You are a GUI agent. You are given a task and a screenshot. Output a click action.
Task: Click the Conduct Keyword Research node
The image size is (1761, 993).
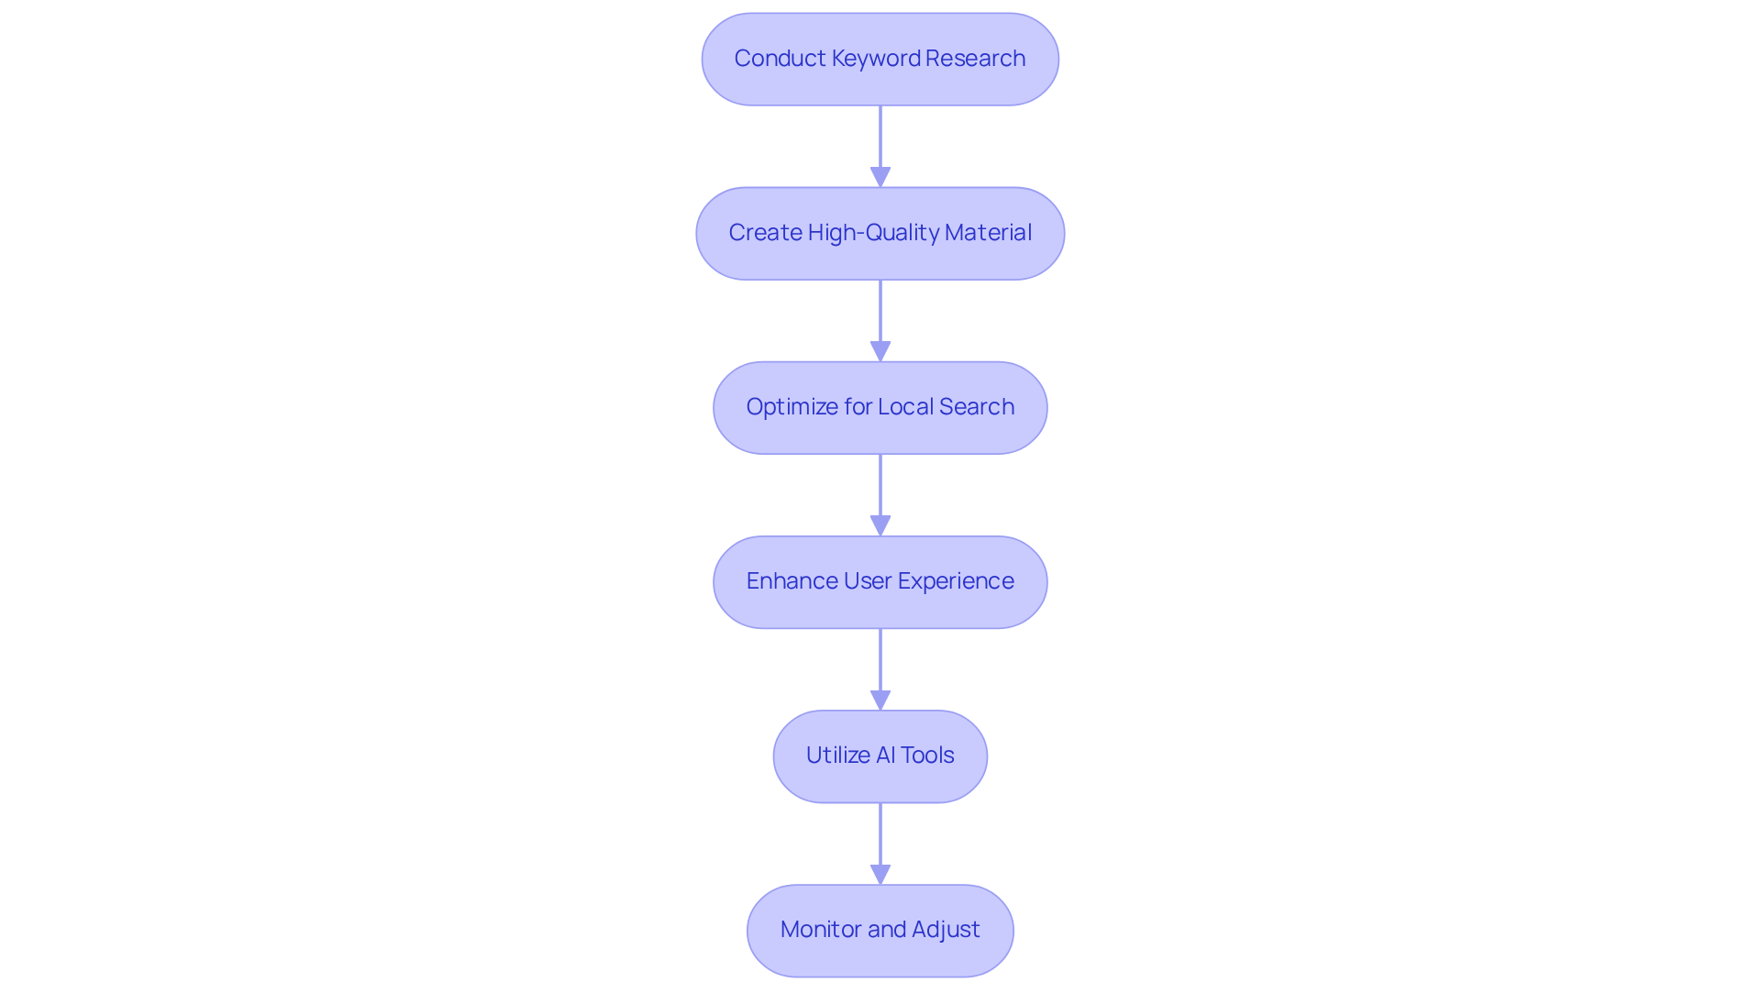pyautogui.click(x=880, y=59)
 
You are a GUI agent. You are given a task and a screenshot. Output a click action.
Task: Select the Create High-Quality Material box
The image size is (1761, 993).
pyautogui.click(x=880, y=233)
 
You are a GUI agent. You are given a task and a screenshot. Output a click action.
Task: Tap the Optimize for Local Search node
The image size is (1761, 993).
pyautogui.click(x=880, y=407)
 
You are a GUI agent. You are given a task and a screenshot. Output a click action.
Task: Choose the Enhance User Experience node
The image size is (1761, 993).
pyautogui.click(x=880, y=581)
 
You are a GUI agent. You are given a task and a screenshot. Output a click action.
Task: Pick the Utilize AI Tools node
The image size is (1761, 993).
pyautogui.click(x=880, y=756)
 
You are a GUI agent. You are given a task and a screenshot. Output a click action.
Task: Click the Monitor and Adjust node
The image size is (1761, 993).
pyautogui.click(x=880, y=930)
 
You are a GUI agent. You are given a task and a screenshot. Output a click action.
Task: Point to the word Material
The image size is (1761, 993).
pyautogui.click(x=988, y=233)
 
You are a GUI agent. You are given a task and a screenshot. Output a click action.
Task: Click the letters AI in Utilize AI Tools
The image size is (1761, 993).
pyautogui.click(x=885, y=756)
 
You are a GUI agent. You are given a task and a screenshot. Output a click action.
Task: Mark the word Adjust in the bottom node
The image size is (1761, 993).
pyautogui.click(x=946, y=930)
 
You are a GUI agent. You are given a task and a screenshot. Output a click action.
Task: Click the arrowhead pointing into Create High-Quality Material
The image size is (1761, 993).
pyautogui.click(x=880, y=177)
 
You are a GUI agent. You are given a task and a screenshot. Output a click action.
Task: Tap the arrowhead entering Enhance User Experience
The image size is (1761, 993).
pyautogui.click(x=880, y=525)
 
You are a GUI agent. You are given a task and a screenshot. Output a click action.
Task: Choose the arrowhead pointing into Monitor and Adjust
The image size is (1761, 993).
pyautogui.click(x=880, y=874)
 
